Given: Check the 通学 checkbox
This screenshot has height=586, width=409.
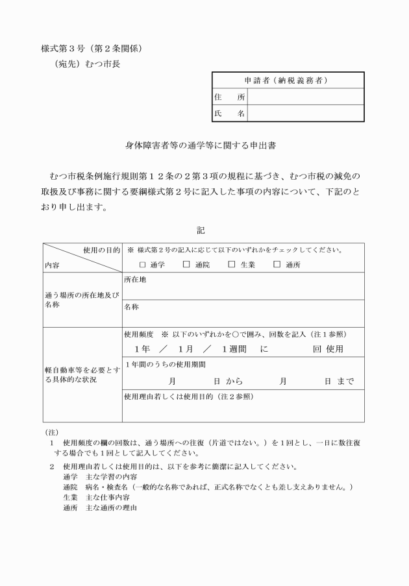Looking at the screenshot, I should [x=143, y=264].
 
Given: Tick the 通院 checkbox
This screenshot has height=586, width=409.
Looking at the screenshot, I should [x=186, y=264].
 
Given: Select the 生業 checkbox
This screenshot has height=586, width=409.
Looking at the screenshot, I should [x=232, y=264].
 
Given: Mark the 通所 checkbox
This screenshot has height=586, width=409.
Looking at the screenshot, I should [x=277, y=264].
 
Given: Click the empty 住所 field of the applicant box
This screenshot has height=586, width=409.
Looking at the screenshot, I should [x=305, y=97].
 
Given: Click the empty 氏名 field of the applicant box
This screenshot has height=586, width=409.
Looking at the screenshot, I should [x=305, y=114].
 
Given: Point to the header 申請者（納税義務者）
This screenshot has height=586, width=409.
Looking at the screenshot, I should [x=288, y=80].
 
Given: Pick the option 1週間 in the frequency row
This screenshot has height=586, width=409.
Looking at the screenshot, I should [x=232, y=349].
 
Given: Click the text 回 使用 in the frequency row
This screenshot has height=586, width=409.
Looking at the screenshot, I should [x=328, y=349].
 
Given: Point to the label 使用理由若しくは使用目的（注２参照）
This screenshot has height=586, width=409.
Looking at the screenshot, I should [x=188, y=396].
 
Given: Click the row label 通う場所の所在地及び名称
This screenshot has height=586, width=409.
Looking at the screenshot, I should [x=82, y=299].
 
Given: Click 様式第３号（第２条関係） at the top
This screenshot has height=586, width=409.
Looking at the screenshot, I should [x=92, y=48].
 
